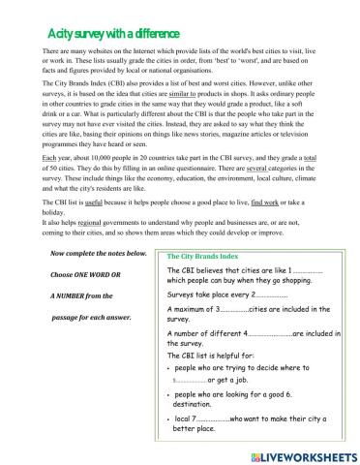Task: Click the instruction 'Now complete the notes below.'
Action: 98,254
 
